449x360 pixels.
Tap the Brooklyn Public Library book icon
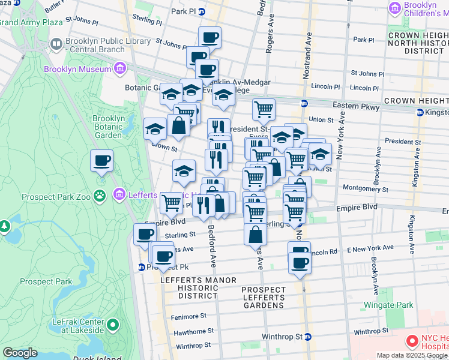pyautogui.click(x=56, y=44)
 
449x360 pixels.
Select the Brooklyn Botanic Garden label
pyautogui.click(x=108, y=127)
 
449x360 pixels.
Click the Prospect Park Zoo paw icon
pyautogui.click(x=100, y=194)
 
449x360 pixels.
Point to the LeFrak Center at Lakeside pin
pyautogui.click(x=112, y=326)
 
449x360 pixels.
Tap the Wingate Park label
pyautogui.click(x=388, y=305)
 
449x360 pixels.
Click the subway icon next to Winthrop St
pyautogui.click(x=309, y=337)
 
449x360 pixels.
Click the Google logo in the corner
pyautogui.click(x=20, y=353)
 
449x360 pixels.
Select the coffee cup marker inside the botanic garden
pyautogui.click(x=101, y=161)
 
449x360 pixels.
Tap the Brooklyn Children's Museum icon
pyautogui.click(x=394, y=8)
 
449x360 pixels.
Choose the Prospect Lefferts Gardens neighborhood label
pyautogui.click(x=263, y=298)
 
